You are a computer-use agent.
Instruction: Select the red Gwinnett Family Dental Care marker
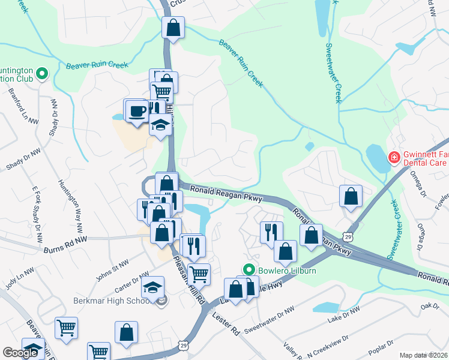[394, 158]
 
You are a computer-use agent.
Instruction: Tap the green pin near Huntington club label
[41, 74]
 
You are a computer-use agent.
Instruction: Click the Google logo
[20, 353]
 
